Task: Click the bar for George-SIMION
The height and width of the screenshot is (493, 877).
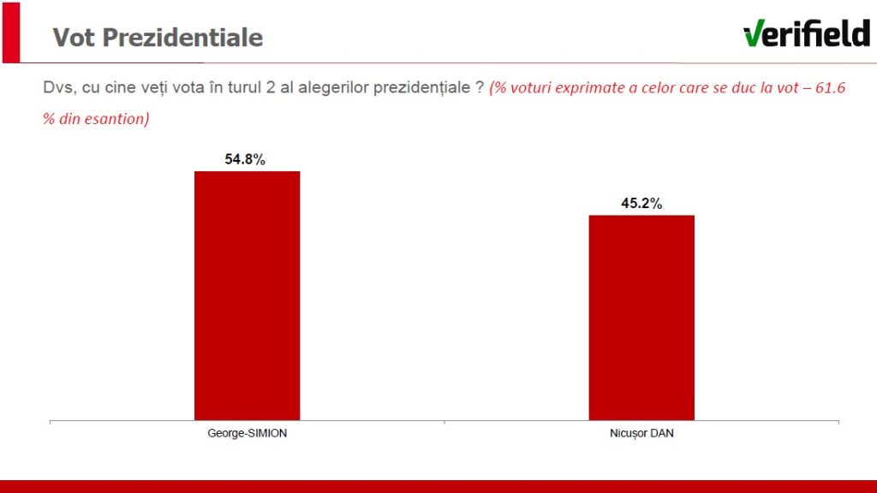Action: [x=247, y=295]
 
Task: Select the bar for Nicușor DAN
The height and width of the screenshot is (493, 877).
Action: [x=641, y=317]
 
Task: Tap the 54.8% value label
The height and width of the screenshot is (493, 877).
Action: [x=246, y=159]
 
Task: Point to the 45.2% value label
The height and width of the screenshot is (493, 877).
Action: [x=641, y=203]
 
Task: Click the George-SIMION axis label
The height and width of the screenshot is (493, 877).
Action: [x=248, y=433]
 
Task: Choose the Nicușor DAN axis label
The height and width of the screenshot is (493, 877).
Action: [x=641, y=433]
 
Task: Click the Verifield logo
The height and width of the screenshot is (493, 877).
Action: [x=806, y=33]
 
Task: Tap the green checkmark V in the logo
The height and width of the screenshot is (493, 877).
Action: [x=755, y=33]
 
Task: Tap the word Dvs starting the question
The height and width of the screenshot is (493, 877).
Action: [x=57, y=87]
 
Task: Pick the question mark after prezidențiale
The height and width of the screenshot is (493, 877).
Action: [x=479, y=87]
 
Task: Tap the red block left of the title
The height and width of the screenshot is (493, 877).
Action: [x=10, y=32]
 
